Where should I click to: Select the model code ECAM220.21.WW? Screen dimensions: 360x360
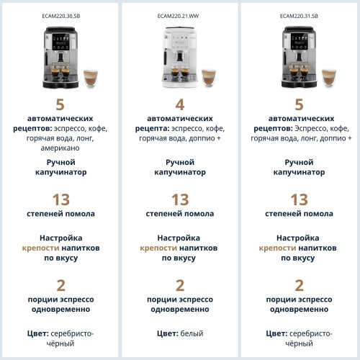(180, 14)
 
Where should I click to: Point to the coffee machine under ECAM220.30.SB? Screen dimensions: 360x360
(55, 57)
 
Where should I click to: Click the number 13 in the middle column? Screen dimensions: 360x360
(180, 199)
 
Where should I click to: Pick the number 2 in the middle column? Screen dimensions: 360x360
(180, 285)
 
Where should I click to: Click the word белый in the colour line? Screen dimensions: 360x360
(192, 333)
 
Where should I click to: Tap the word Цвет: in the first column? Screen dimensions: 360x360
(39, 333)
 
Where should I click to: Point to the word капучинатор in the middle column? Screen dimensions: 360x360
(180, 173)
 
